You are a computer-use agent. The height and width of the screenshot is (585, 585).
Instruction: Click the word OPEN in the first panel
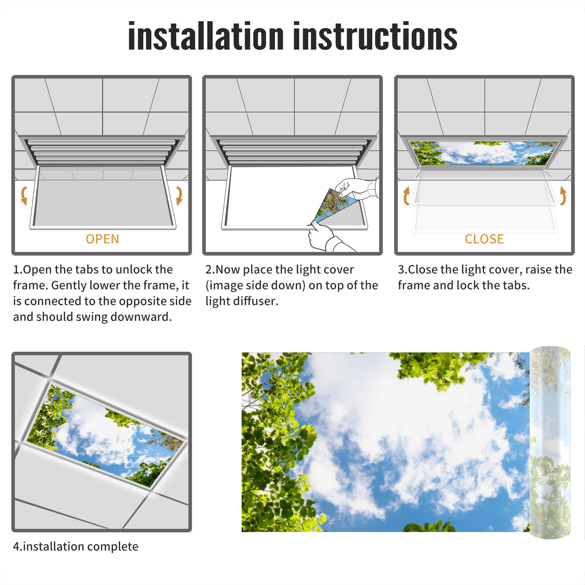click(102, 239)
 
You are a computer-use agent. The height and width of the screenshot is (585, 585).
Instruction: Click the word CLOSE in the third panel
click(484, 239)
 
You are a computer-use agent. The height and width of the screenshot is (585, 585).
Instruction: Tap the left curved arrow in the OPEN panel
click(24, 196)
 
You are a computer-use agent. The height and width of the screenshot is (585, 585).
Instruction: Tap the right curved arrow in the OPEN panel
click(179, 196)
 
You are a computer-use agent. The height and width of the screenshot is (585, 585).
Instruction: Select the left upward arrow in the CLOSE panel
click(406, 196)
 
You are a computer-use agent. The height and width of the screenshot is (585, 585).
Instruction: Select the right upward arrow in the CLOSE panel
click(563, 196)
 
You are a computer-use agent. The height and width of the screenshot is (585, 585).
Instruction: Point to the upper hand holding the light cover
click(356, 188)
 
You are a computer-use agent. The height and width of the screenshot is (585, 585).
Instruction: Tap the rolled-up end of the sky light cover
click(550, 442)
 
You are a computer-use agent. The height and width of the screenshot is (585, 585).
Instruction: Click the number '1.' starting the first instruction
click(18, 270)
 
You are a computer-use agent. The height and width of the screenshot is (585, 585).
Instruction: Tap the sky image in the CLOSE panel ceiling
click(484, 153)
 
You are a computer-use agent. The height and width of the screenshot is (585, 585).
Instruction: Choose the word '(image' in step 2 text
click(224, 286)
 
